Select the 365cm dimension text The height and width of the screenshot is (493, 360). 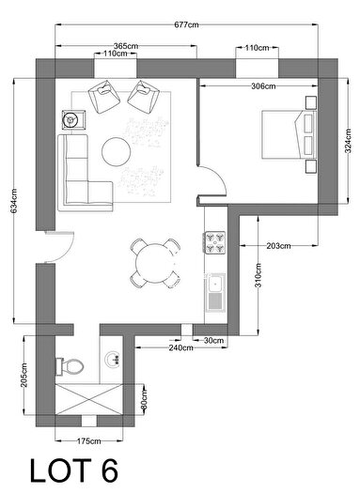click(126, 45)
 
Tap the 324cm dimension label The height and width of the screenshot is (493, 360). click(350, 143)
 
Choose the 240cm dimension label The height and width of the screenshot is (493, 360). click(154, 347)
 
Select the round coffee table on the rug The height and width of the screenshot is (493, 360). click(117, 150)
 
